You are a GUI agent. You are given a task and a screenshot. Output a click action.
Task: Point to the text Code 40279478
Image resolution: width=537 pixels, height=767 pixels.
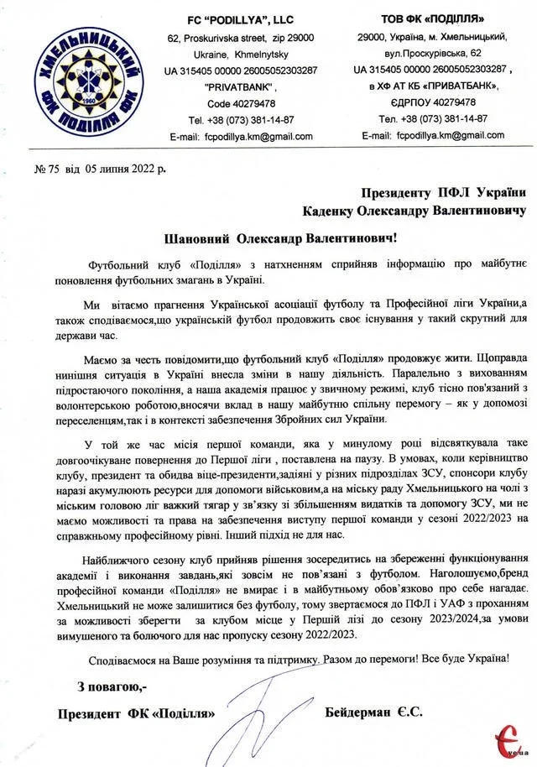click(240, 102)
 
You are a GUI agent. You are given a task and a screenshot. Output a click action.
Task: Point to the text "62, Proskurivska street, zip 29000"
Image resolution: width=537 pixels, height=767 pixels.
click(240, 38)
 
